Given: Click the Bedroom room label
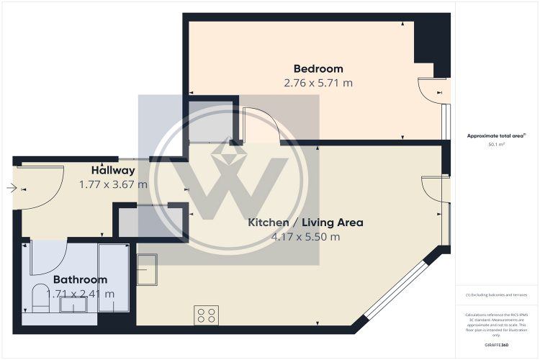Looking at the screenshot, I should pyautogui.click(x=318, y=69).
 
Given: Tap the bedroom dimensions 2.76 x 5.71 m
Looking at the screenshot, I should pyautogui.click(x=318, y=83).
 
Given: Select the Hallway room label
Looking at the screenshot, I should pyautogui.click(x=113, y=171).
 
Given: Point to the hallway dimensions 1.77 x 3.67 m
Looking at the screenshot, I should pyautogui.click(x=113, y=184).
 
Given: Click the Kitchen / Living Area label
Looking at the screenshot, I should pyautogui.click(x=305, y=222).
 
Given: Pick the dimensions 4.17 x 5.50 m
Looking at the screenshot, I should pyautogui.click(x=305, y=236).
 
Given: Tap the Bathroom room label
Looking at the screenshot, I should pyautogui.click(x=80, y=279).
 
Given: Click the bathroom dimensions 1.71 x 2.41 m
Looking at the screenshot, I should pyautogui.click(x=80, y=293).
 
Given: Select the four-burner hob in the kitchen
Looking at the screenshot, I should pyautogui.click(x=207, y=314).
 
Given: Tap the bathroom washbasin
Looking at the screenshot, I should pyautogui.click(x=73, y=306).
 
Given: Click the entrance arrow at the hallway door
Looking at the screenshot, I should pyautogui.click(x=12, y=189).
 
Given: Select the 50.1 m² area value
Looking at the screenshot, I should pyautogui.click(x=497, y=144).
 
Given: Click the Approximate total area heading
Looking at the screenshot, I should pyautogui.click(x=497, y=135).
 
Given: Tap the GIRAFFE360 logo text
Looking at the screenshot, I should pyautogui.click(x=497, y=346).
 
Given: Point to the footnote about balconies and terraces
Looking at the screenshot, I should pyautogui.click(x=497, y=295).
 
